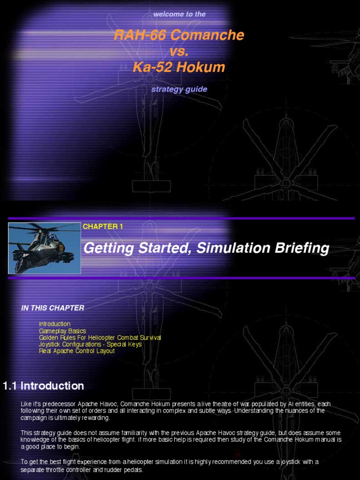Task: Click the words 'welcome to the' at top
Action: (x=180, y=14)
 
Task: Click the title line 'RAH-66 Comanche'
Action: (x=179, y=35)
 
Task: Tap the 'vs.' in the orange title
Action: (x=179, y=51)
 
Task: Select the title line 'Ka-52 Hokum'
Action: (x=179, y=67)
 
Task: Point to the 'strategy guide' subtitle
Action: (x=179, y=89)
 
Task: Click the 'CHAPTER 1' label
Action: (x=103, y=226)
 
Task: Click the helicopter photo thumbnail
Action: (x=45, y=248)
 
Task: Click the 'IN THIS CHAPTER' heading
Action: (x=52, y=308)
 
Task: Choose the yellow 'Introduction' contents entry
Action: (x=54, y=324)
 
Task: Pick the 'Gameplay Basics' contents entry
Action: (x=62, y=331)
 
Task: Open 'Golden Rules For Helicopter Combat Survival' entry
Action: (x=100, y=337)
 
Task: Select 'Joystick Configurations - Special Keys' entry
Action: (x=90, y=344)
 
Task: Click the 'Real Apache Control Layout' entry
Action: (x=76, y=351)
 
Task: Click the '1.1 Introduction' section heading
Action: (x=44, y=386)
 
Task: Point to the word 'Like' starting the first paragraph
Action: (x=27, y=404)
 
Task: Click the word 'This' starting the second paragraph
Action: (x=27, y=433)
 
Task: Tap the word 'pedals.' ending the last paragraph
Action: (x=134, y=469)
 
